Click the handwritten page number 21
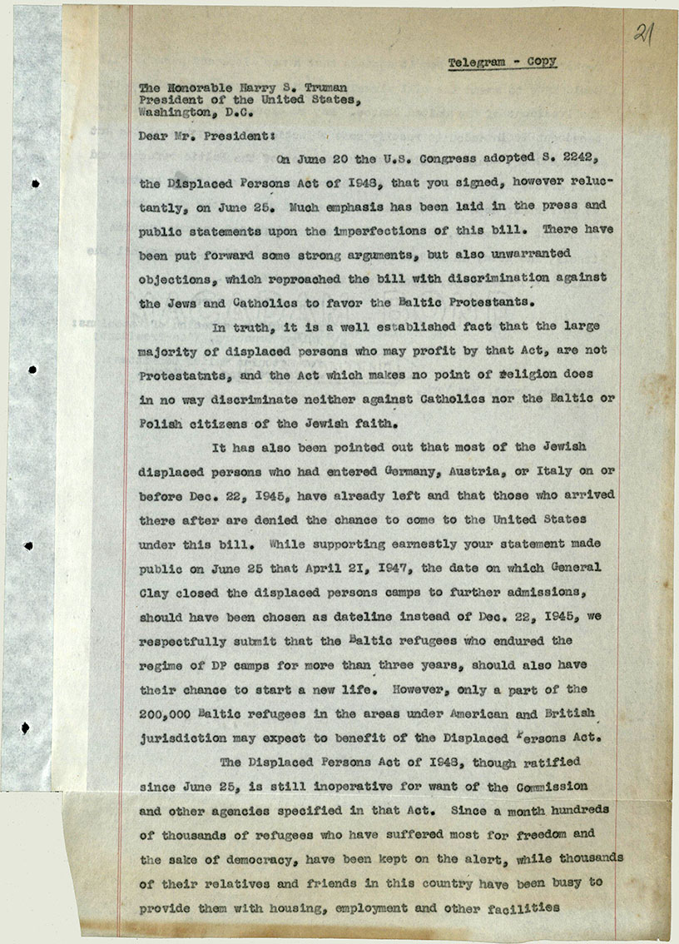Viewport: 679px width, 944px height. (642, 35)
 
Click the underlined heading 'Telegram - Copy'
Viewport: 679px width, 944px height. (502, 62)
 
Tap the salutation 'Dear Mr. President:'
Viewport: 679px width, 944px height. (182, 132)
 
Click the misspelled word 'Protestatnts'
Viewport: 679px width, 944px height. (183, 375)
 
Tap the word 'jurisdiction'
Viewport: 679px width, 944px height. (182, 738)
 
